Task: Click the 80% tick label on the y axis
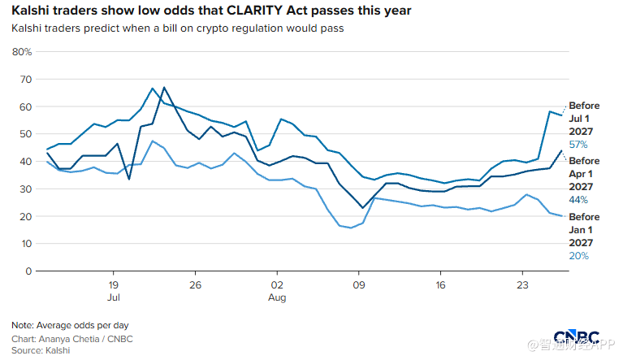pyautogui.click(x=22, y=52)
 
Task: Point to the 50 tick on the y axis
pyautogui.click(x=25, y=134)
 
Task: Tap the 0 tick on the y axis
pyautogui.click(x=28, y=271)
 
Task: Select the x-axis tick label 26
pyautogui.click(x=195, y=285)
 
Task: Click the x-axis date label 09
pyautogui.click(x=359, y=285)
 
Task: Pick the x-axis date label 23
pyautogui.click(x=522, y=285)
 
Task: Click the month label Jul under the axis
pyautogui.click(x=113, y=297)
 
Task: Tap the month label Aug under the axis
pyautogui.click(x=277, y=297)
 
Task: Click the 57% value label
pyautogui.click(x=578, y=145)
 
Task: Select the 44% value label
pyautogui.click(x=578, y=200)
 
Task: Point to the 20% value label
pyautogui.click(x=578, y=256)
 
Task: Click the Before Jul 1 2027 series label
pyautogui.click(x=584, y=119)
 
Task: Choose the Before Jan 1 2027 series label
pyautogui.click(x=584, y=230)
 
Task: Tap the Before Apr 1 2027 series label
pyautogui.click(x=584, y=174)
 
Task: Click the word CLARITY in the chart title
pyautogui.click(x=255, y=11)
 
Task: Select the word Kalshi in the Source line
pyautogui.click(x=58, y=350)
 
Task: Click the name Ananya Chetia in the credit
pyautogui.click(x=68, y=339)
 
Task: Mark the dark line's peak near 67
pyautogui.click(x=164, y=88)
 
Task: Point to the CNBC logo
pyautogui.click(x=576, y=337)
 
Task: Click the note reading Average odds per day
pyautogui.click(x=83, y=325)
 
